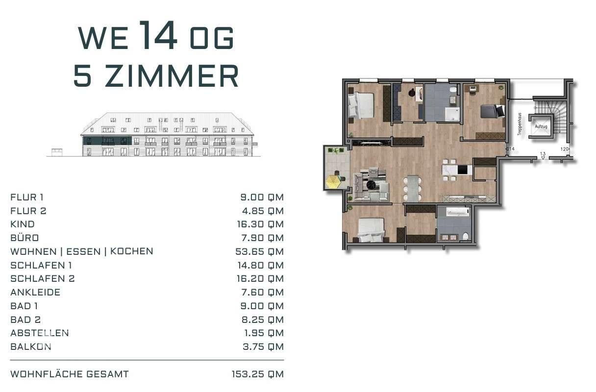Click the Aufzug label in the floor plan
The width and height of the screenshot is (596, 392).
(x=541, y=126)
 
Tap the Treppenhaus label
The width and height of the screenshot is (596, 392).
(x=520, y=124)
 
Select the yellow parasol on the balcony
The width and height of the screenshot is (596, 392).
(x=334, y=182)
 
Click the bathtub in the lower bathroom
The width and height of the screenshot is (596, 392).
(x=458, y=213)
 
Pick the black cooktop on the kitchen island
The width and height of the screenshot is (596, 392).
(x=463, y=170)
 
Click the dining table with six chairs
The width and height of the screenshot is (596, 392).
(x=413, y=188)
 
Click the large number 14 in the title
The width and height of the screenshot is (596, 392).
(x=158, y=35)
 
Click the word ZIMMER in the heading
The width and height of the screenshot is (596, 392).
(x=171, y=76)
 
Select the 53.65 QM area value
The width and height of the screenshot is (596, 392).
(x=259, y=251)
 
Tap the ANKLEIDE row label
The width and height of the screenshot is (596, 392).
(x=35, y=292)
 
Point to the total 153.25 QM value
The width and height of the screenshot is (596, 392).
(x=257, y=374)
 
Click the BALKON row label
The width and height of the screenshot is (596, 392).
(x=30, y=346)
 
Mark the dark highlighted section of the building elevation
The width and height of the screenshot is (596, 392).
(x=107, y=141)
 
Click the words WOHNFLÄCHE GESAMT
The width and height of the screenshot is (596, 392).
(x=70, y=374)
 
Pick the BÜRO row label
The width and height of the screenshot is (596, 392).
(x=25, y=238)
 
